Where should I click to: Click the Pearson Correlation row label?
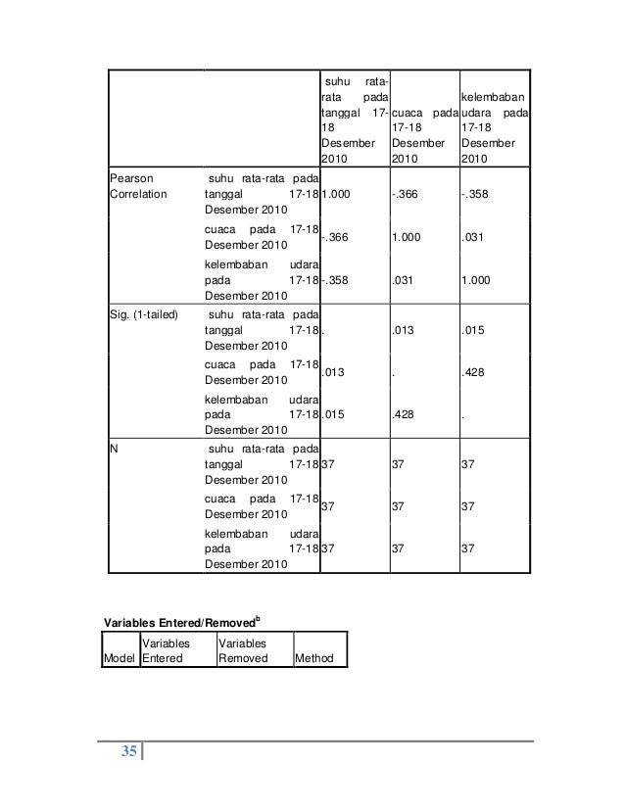[x=138, y=185]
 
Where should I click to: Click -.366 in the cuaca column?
[x=405, y=195]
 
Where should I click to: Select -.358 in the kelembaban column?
[x=475, y=195]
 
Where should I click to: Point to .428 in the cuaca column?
[x=402, y=414]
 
